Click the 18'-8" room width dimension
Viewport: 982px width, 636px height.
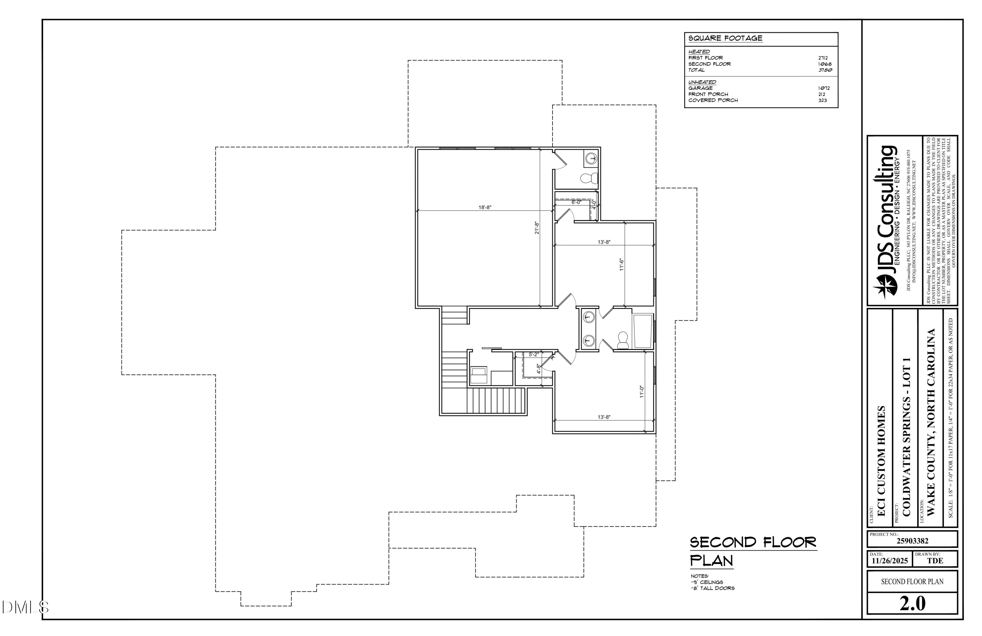point(485,207)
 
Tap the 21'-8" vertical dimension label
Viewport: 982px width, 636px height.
point(537,228)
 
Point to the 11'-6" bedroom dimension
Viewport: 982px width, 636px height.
point(621,264)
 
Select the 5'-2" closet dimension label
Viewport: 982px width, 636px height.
point(534,354)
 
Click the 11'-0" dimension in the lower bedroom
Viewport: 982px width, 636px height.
point(642,392)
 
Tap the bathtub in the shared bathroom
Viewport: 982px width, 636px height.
point(643,331)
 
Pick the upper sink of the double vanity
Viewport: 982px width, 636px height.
point(588,318)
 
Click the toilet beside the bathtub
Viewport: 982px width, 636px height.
point(623,340)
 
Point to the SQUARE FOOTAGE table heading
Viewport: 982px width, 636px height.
point(725,38)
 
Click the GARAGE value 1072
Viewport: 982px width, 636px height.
point(824,88)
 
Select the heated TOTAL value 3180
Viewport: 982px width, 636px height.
point(825,70)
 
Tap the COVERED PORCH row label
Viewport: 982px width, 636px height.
point(713,100)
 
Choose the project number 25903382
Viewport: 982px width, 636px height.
point(912,541)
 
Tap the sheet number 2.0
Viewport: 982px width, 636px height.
point(912,604)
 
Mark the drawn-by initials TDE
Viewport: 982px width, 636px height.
point(935,561)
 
